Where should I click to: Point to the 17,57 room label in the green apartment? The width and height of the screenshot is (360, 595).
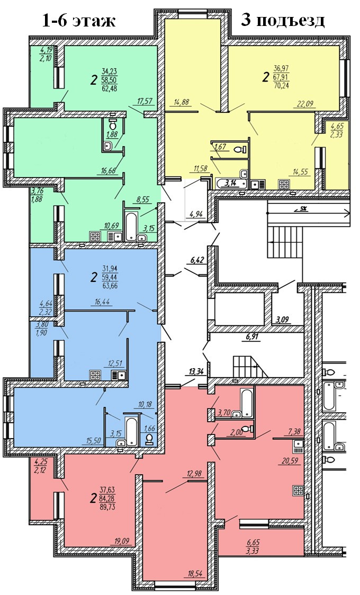tap(145, 101)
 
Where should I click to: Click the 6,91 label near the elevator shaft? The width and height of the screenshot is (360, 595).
tap(252, 336)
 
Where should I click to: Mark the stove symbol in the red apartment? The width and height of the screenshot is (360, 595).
tap(298, 491)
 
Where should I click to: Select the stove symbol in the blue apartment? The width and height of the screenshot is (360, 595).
tap(95, 375)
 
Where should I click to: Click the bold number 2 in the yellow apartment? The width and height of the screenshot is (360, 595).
tap(265, 78)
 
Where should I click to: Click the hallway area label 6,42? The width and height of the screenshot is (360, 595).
tap(196, 260)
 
